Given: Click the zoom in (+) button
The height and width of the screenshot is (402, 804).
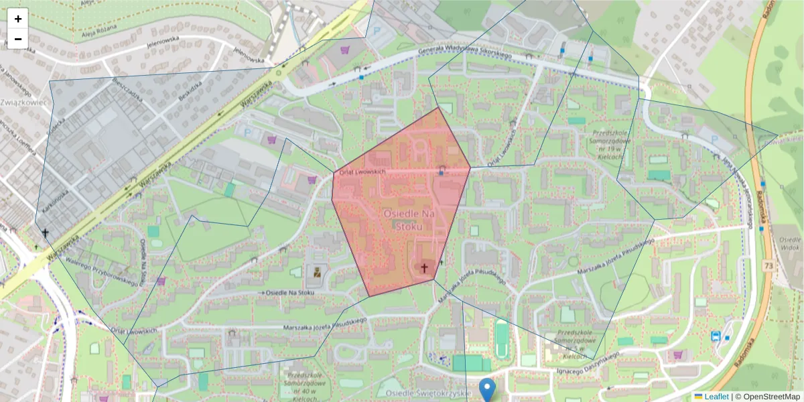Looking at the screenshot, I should (x=18, y=19).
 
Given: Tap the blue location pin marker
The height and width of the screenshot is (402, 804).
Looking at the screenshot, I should (x=488, y=389).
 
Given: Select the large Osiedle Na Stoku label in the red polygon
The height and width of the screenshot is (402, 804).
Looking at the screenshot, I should (x=409, y=219).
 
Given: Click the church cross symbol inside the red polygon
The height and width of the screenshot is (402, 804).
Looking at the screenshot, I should (x=423, y=267).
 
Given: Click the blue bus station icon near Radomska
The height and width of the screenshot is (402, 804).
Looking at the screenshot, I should (x=716, y=336).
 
